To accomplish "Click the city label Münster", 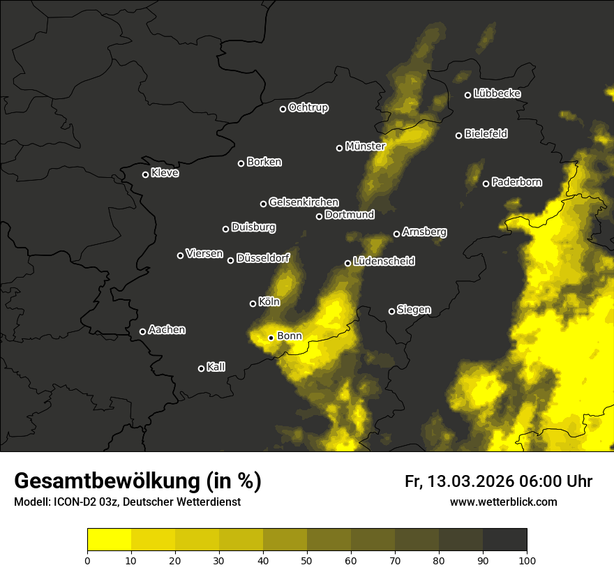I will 365,146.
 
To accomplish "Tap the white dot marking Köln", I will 253,303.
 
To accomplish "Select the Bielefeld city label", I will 486,134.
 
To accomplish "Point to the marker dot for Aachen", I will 142,331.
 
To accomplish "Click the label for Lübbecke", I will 497,93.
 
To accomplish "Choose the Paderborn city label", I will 516,183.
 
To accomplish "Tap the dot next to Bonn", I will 271,338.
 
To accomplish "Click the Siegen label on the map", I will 414,310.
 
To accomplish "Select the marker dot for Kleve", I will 145,174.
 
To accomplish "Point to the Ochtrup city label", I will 308,107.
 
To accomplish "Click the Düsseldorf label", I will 263,258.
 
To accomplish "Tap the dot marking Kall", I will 201,368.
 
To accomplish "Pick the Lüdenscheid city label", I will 384,262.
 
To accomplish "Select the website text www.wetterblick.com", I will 503,502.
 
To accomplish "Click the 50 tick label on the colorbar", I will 307,560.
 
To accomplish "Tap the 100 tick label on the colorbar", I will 527,560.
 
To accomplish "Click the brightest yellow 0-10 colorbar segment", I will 109,539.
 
